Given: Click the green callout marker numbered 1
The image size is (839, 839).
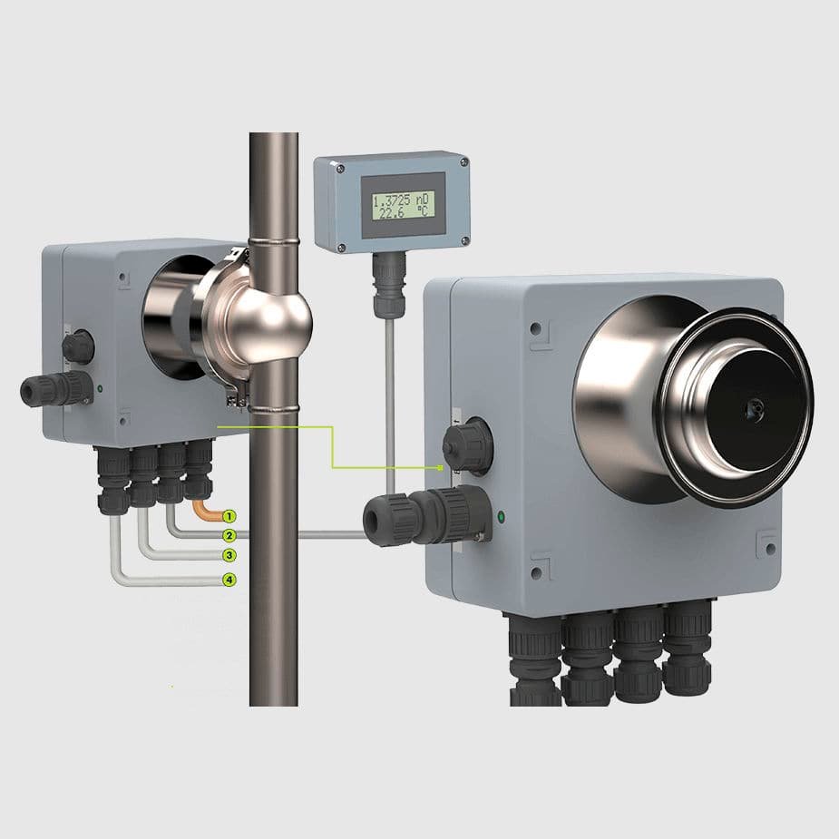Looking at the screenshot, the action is pos(229,516).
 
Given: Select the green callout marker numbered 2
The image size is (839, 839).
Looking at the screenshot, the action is pos(229,535).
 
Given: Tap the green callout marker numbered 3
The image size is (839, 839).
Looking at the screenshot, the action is pos(229,555).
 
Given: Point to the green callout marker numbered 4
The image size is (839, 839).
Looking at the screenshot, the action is pos(229,580).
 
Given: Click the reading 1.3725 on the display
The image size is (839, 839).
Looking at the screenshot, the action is pos(392,201).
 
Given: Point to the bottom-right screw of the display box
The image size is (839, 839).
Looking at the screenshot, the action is pos(464,240).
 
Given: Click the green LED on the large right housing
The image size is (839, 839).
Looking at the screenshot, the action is pos(501,517).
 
